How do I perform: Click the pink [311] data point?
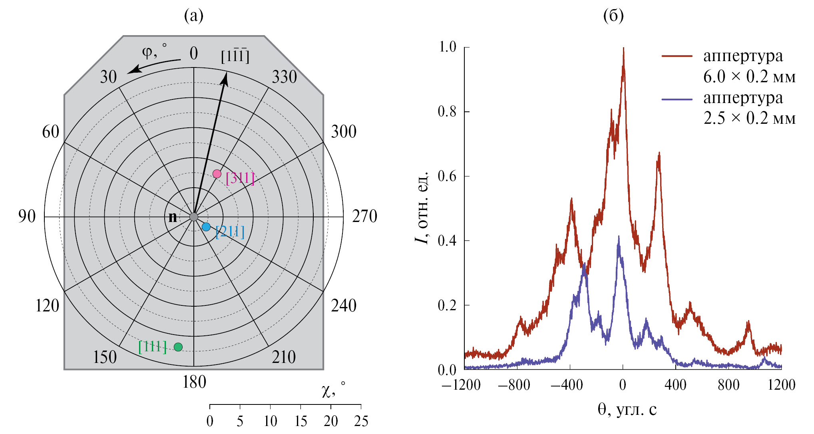click(x=217, y=174)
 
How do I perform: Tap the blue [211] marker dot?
click(x=206, y=227)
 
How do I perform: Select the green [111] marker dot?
click(x=178, y=347)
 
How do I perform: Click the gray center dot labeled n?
click(x=194, y=217)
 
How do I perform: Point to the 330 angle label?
click(x=284, y=77)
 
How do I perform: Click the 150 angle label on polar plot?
click(x=105, y=357)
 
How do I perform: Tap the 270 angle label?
click(x=364, y=216)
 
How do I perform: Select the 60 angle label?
click(x=51, y=132)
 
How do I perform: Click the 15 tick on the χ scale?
click(x=301, y=421)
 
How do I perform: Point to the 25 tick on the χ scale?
click(x=361, y=421)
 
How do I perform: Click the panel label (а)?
click(x=194, y=16)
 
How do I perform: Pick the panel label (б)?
click(x=613, y=16)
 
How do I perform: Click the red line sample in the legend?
click(x=677, y=56)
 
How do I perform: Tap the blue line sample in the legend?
click(x=677, y=99)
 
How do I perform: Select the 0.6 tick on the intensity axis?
click(x=447, y=176)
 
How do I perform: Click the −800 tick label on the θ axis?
click(x=514, y=385)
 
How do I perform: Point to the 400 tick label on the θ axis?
click(x=675, y=385)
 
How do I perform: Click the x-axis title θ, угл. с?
click(x=627, y=410)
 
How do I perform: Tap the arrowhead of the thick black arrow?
click(x=225, y=78)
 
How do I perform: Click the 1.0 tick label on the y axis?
click(x=447, y=47)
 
